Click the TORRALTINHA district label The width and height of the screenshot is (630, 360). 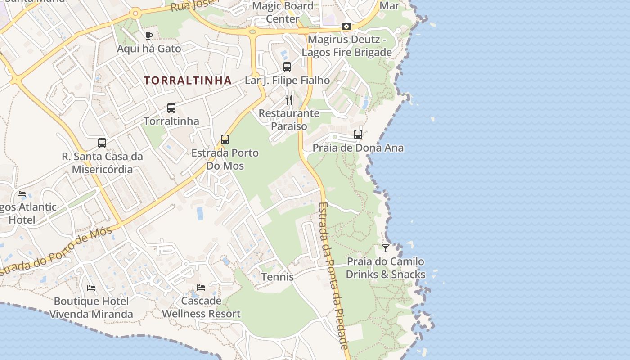click(188, 81)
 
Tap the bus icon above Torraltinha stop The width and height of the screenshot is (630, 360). click(171, 108)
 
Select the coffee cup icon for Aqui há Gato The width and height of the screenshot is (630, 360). click(149, 36)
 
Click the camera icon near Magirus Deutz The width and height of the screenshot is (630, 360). click(346, 27)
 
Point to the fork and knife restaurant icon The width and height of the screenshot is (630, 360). click(289, 99)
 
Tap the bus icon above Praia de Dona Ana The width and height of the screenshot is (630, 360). click(358, 135)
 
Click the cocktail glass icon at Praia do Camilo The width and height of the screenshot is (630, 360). click(386, 248)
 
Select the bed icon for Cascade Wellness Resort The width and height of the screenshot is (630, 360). click(201, 288)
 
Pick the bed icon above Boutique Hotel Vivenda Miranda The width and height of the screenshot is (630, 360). click(91, 288)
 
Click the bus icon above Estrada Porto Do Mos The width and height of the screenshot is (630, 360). click(225, 139)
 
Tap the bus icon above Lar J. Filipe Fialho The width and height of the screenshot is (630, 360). click(287, 67)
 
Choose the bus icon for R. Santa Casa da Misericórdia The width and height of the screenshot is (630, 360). click(102, 143)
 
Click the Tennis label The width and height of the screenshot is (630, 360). click(278, 277)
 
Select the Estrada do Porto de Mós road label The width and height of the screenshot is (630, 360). click(56, 252)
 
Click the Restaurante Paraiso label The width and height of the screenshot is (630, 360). click(289, 120)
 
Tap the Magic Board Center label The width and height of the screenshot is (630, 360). click(283, 12)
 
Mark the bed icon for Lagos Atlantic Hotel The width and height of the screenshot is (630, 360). click(22, 194)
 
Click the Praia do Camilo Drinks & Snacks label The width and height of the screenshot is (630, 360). click(386, 268)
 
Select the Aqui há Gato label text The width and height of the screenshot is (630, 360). click(149, 49)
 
